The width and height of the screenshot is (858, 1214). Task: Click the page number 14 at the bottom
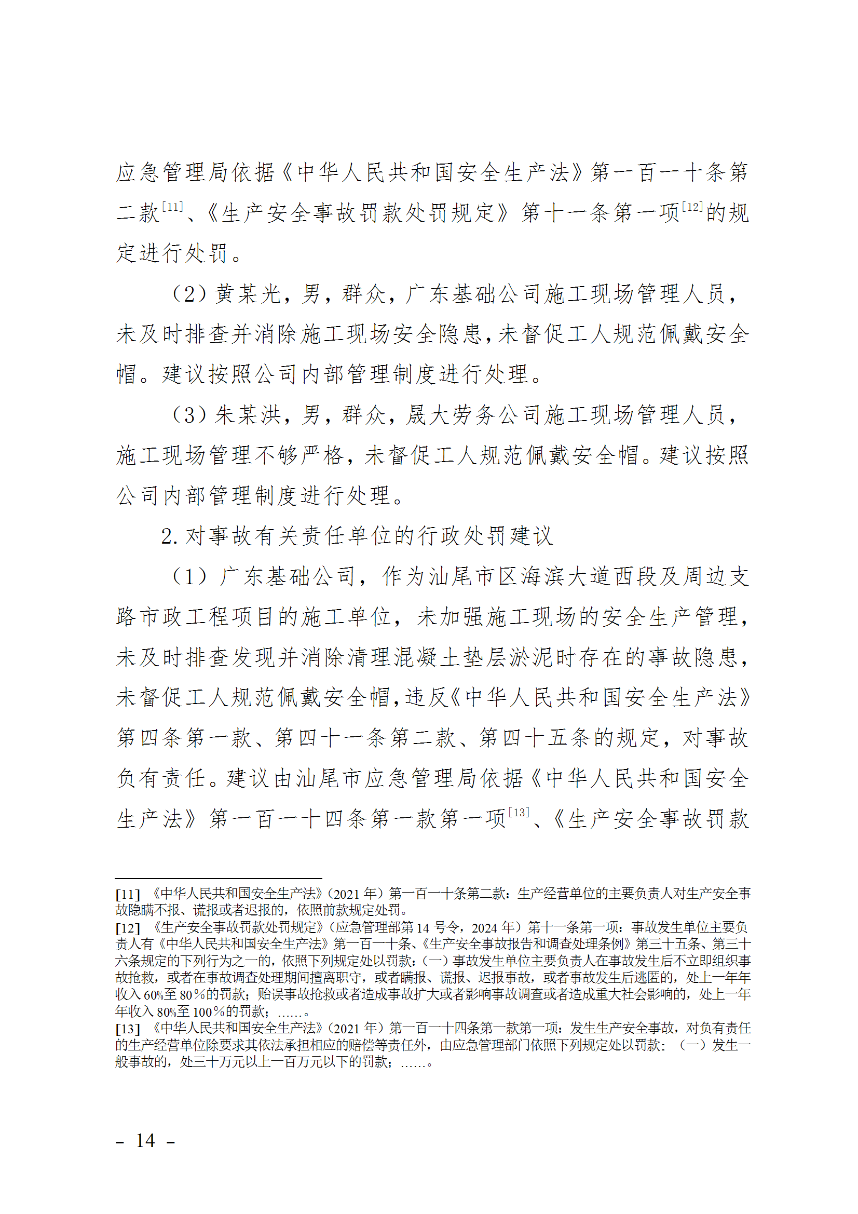pos(145,1141)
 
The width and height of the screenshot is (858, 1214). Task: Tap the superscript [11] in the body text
pos(172,207)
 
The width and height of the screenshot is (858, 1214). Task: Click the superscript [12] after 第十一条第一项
pos(692,207)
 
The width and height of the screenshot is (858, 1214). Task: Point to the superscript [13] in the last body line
pos(518,812)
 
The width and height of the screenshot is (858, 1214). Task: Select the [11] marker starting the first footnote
pos(127,894)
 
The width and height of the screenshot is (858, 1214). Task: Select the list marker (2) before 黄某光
pos(190,294)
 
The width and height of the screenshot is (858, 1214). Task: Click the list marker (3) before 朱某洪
pos(190,415)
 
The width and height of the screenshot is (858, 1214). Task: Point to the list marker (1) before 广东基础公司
pos(190,576)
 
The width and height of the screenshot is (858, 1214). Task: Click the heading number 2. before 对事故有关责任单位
pos(169,536)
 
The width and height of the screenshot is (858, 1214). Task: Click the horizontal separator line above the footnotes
pos(219,879)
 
